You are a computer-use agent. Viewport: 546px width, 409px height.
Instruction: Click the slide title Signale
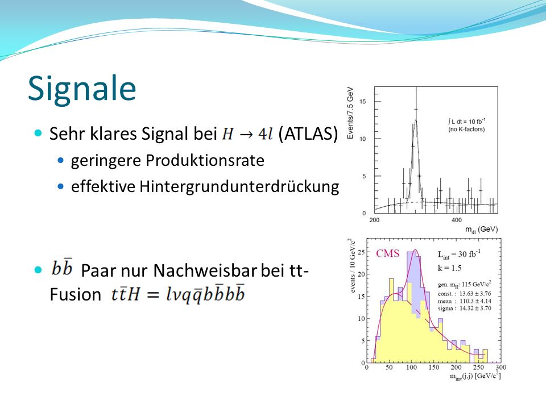coord(82,89)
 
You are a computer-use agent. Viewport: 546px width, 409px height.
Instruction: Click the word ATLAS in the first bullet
coord(308,133)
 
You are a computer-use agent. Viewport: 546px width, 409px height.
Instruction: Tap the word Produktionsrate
coord(205,161)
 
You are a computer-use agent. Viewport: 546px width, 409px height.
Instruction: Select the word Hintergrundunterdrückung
coord(239,186)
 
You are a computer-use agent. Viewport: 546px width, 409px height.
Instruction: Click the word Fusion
coord(76,294)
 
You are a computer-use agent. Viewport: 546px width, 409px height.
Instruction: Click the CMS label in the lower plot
coord(387,253)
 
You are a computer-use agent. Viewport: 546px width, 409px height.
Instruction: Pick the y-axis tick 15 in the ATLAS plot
coord(363,102)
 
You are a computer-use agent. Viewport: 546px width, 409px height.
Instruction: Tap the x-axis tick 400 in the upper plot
coord(457,220)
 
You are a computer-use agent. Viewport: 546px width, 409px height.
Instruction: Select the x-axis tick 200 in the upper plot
coord(374,220)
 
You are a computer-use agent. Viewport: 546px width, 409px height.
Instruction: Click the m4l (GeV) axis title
coord(482,229)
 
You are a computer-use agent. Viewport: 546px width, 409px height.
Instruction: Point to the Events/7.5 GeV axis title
coord(350,112)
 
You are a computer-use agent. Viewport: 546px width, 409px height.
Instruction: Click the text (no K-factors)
coord(466,130)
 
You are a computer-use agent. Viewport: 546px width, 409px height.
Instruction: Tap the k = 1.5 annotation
coord(449,268)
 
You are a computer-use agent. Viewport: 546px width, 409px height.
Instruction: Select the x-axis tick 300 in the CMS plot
coord(500,368)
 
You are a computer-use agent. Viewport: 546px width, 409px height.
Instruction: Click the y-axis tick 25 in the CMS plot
coord(362,252)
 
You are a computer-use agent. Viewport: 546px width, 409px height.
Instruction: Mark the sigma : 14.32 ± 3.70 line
coord(465,308)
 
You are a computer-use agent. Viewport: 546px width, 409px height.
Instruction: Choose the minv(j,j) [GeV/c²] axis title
coord(475,376)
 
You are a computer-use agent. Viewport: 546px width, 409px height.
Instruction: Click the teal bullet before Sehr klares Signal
coord(38,133)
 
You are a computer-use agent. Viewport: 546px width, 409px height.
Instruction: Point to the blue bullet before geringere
coord(61,161)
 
